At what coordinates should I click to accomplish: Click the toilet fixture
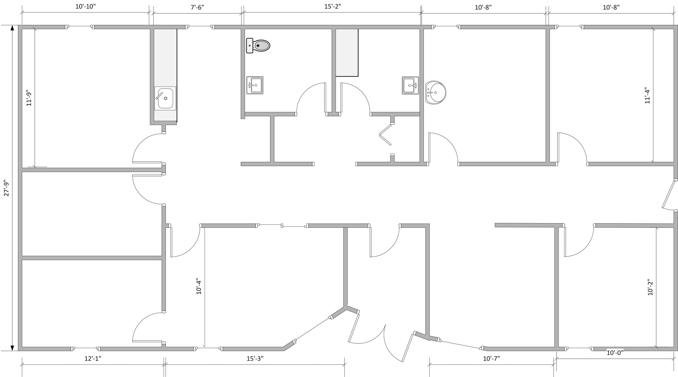pos(258,45)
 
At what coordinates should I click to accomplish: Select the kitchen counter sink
pos(165,98)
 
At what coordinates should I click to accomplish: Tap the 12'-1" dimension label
pos(93,358)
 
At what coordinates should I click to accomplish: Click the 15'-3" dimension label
pos(255,358)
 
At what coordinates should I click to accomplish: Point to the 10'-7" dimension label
pos(491,358)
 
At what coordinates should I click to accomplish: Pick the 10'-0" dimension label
pos(615,352)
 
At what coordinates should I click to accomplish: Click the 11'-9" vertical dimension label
pos(29,98)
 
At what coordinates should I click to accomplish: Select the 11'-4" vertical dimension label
pos(647,95)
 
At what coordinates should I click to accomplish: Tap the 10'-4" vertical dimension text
pos(199,286)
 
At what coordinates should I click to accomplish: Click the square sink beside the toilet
pos(255,85)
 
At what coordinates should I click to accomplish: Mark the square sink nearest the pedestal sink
pos(410,85)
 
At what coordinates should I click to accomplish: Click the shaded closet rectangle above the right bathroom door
pos(347,52)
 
